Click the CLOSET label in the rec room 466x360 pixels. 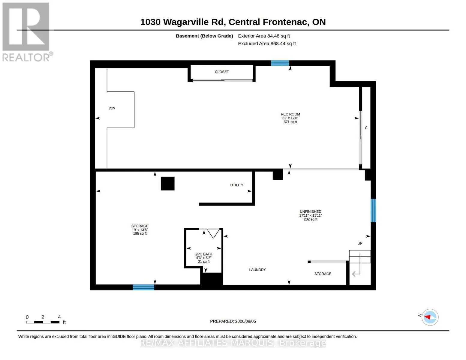click(x=222, y=72)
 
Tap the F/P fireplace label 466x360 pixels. click(x=112, y=109)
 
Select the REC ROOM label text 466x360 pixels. click(x=290, y=114)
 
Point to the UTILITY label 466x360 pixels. click(x=237, y=185)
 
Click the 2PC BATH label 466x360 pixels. click(x=203, y=254)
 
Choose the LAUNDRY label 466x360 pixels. click(x=257, y=270)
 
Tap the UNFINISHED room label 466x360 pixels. click(x=310, y=211)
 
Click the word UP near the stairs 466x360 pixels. click(x=360, y=243)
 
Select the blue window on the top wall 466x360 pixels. click(x=280, y=63)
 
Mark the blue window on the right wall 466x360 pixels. click(x=373, y=211)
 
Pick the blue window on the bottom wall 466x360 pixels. click(x=143, y=287)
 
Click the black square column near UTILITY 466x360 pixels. click(x=167, y=184)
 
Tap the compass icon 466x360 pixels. click(x=430, y=317)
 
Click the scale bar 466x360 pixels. click(x=43, y=322)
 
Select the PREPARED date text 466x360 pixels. click(x=233, y=321)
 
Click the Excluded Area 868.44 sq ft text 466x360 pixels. click(x=267, y=43)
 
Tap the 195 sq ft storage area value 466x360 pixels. click(x=140, y=233)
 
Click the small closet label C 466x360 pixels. click(x=366, y=128)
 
